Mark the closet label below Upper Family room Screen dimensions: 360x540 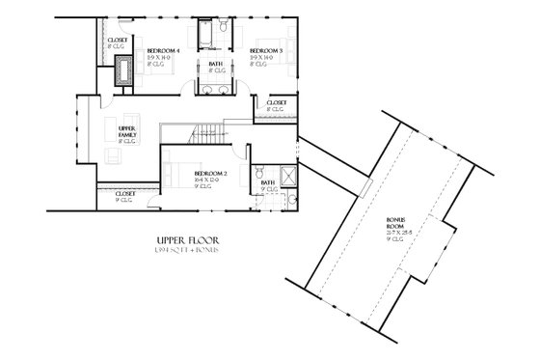click(x=125, y=194)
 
